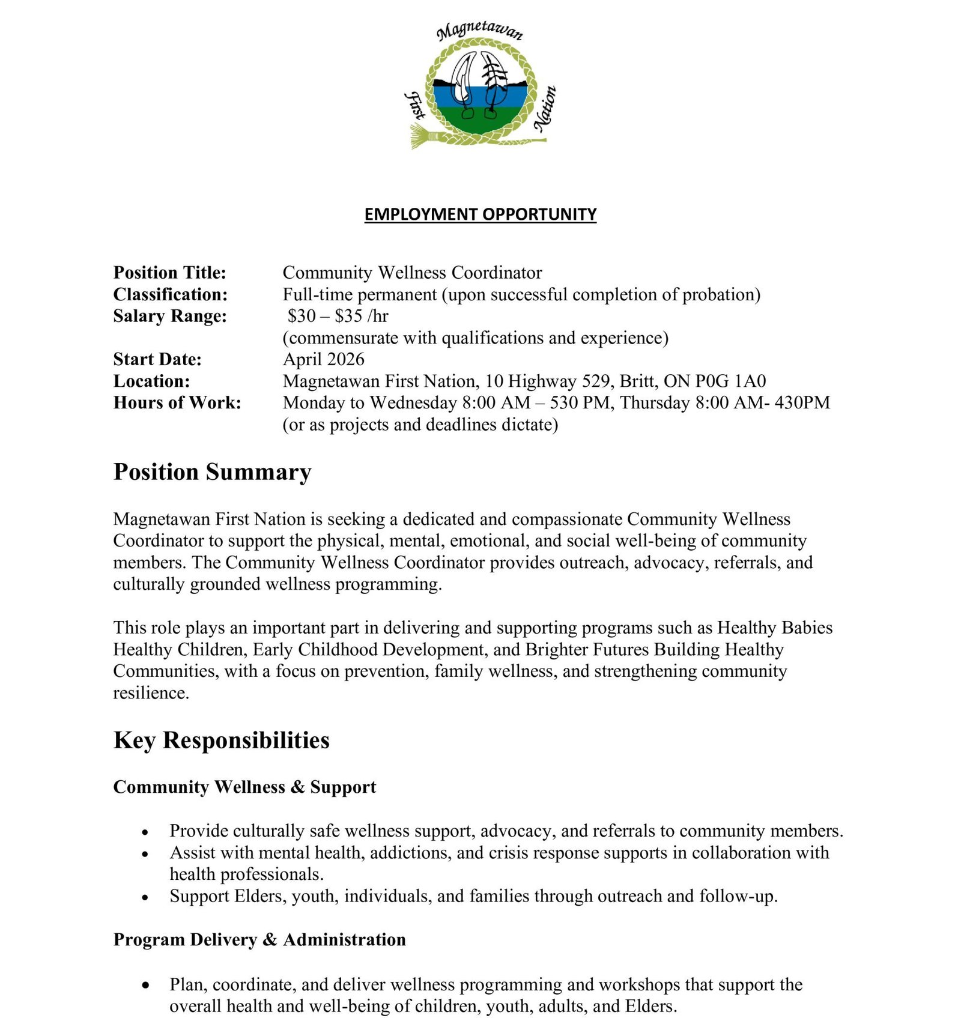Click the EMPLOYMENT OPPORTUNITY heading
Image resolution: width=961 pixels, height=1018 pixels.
(x=480, y=214)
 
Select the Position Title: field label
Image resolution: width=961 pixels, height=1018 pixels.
(x=170, y=273)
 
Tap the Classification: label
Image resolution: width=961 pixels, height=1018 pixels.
(x=171, y=294)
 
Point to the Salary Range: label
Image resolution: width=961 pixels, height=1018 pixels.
(x=170, y=316)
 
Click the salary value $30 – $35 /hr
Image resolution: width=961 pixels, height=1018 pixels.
(x=338, y=316)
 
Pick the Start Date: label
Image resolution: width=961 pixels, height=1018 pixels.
(x=157, y=359)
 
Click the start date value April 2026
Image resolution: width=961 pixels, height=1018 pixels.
(x=323, y=359)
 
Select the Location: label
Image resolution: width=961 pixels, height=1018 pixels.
(x=151, y=381)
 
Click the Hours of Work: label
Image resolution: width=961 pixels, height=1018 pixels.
(x=177, y=402)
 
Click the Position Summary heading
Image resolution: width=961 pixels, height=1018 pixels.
(x=212, y=472)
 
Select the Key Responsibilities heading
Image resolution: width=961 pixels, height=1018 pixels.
(x=221, y=740)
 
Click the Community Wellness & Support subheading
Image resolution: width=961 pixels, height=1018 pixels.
(x=244, y=787)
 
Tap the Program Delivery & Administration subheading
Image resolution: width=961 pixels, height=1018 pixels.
(x=259, y=939)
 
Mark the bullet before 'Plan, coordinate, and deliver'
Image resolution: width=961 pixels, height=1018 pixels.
(x=145, y=986)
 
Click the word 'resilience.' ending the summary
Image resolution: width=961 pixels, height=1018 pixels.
(x=151, y=693)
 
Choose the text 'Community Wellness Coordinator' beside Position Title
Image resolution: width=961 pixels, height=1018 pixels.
(x=412, y=273)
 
